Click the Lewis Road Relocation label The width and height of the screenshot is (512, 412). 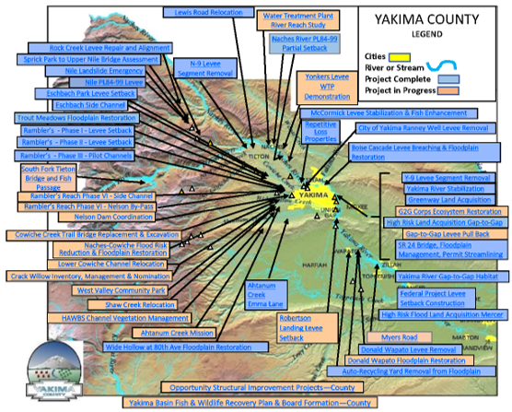pyautogui.click(x=208, y=12)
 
